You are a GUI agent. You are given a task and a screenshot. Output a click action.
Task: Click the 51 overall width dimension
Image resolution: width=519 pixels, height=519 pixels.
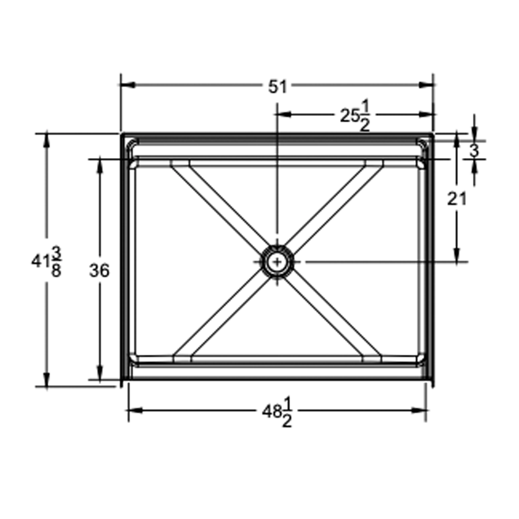coord(277,86)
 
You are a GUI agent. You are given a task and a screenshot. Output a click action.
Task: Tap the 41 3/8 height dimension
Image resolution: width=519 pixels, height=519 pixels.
coord(47,261)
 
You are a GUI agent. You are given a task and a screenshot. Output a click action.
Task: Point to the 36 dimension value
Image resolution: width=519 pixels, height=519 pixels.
coord(99,270)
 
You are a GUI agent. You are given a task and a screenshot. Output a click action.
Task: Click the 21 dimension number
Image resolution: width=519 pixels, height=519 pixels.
coord(457,199)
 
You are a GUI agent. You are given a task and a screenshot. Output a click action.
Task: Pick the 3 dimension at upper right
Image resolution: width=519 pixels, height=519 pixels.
coord(474,151)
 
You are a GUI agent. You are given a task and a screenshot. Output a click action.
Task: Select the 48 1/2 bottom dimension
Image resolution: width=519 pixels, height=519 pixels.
coord(277,411)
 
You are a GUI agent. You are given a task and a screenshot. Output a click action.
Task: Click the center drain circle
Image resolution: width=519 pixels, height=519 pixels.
coord(278,262)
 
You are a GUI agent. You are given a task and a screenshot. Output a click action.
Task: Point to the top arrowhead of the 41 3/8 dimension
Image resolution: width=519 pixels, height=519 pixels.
coord(47,139)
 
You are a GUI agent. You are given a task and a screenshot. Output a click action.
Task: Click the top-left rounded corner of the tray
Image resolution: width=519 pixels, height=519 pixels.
coord(132,142)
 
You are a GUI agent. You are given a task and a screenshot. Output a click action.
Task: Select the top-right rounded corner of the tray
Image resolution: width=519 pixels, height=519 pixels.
coord(424,142)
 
